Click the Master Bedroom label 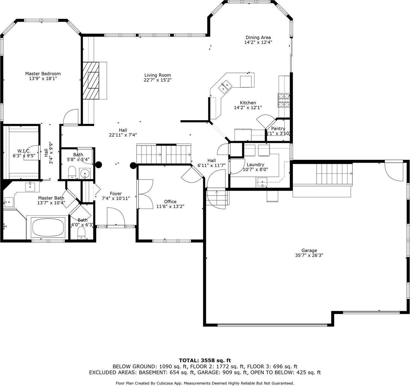click(x=43, y=74)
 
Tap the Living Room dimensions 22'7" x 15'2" click(x=157, y=80)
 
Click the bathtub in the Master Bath click(x=47, y=227)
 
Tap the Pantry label click(x=278, y=129)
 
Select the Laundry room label click(x=255, y=164)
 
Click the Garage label click(x=309, y=250)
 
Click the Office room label click(x=170, y=202)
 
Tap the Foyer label click(x=116, y=194)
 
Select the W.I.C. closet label click(x=24, y=151)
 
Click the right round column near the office click(x=133, y=166)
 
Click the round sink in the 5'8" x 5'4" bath click(x=85, y=173)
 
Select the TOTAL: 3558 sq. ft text click(x=205, y=361)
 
